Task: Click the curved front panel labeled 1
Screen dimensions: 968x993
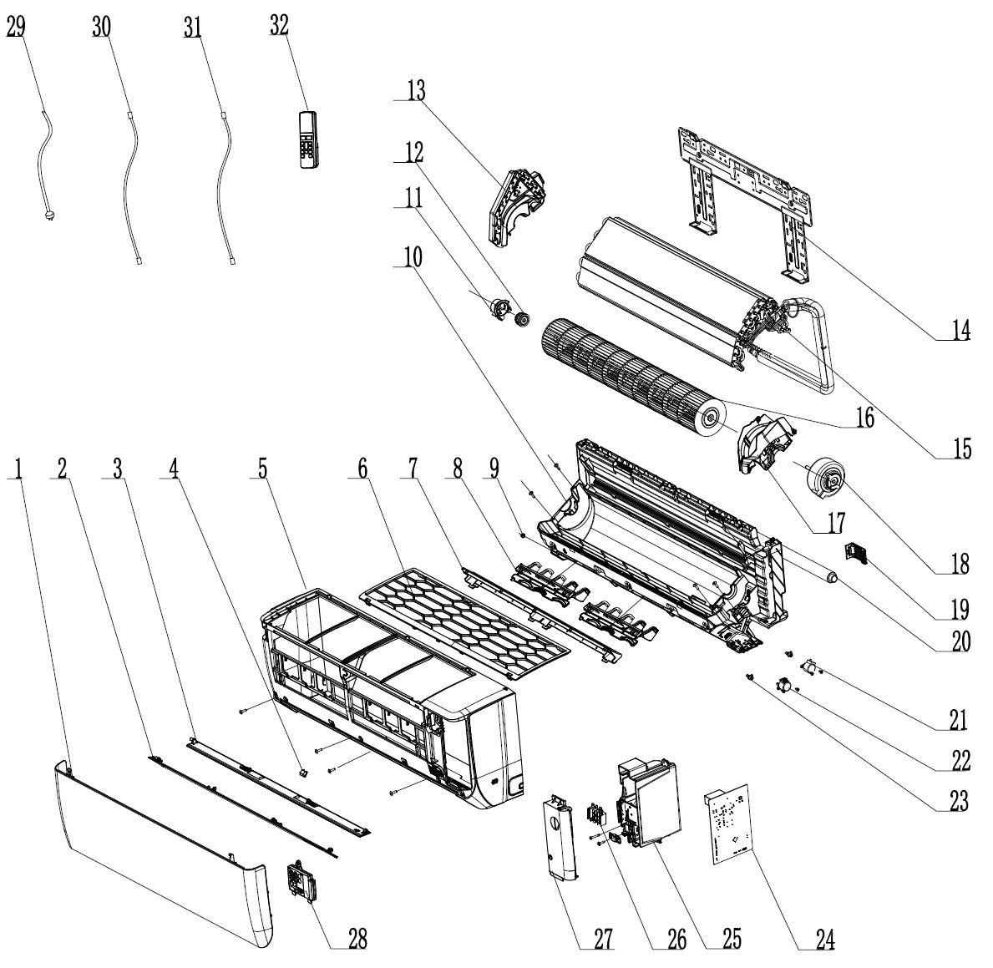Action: (x=159, y=844)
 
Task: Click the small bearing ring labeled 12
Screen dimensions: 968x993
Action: (x=523, y=319)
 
